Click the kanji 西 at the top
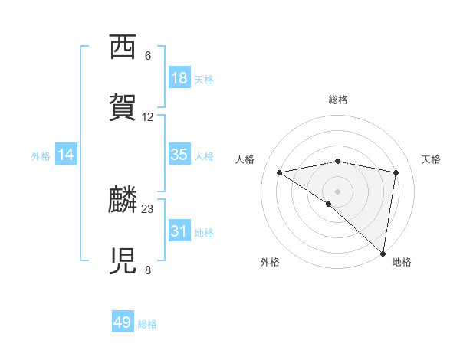coord(123,48)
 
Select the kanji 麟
coord(123,201)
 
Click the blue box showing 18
coord(179,78)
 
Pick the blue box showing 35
coord(179,155)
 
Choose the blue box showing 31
coord(179,231)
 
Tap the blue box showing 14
coord(66,155)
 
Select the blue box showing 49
coord(123,322)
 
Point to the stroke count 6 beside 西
coord(148,56)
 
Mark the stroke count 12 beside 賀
coord(148,117)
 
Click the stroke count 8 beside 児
coord(148,270)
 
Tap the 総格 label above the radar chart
coord(338,100)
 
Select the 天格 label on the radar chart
coord(431,159)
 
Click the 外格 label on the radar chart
coord(270,262)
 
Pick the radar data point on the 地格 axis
coord(383,253)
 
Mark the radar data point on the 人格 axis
coord(280,172)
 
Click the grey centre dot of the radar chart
coord(338,190)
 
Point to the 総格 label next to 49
coord(147,324)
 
